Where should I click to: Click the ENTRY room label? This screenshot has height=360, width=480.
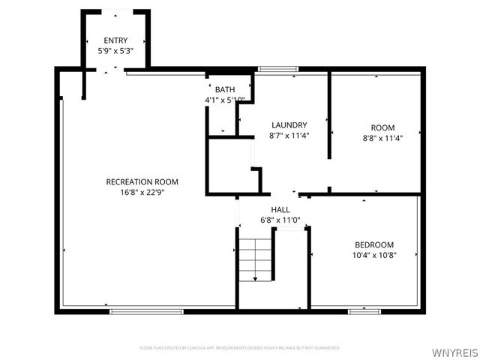click(115, 40)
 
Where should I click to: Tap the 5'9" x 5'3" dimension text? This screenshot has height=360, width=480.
click(115, 51)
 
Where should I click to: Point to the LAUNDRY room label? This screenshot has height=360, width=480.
click(289, 125)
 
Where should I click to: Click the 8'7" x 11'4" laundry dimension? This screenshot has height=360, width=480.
click(289, 136)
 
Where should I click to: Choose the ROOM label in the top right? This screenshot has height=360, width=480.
click(382, 127)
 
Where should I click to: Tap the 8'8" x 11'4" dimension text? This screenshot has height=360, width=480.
click(382, 138)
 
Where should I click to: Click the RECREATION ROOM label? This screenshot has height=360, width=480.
click(142, 181)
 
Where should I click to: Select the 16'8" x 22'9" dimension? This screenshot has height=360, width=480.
click(142, 192)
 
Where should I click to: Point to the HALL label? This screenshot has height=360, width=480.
click(280, 210)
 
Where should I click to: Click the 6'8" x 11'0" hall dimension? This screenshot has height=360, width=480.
click(280, 220)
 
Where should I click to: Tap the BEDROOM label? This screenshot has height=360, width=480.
click(373, 244)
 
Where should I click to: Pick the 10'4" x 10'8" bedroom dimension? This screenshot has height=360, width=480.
click(373, 255)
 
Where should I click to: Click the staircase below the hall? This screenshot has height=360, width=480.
click(256, 259)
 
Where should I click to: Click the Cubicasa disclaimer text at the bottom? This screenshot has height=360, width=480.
click(240, 348)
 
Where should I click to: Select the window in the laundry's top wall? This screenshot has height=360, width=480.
click(277, 70)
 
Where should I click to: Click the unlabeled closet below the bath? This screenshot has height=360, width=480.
click(229, 166)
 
